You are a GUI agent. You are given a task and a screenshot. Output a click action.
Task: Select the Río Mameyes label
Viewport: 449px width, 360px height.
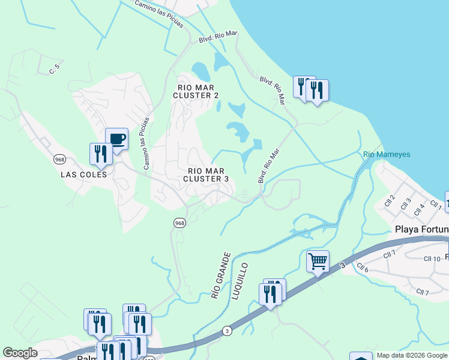point(387,154)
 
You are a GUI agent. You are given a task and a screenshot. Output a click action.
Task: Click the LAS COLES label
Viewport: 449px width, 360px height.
point(83,175)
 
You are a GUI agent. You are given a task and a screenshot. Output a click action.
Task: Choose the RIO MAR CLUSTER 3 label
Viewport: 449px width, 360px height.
point(206,175)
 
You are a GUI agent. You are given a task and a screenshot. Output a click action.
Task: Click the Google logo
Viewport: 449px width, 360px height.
point(20,353)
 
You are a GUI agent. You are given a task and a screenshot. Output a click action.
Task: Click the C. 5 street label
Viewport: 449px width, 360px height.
point(56,70)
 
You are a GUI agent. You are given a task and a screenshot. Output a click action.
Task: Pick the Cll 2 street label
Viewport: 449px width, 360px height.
point(391,201)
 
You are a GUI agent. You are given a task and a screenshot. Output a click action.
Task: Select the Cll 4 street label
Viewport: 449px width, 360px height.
point(419,209)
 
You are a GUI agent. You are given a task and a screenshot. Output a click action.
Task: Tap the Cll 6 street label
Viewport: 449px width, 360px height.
point(362,267)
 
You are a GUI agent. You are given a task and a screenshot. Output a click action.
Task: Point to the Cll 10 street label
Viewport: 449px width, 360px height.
point(432,259)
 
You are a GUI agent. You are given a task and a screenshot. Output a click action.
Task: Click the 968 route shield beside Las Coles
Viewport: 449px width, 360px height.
point(59,160)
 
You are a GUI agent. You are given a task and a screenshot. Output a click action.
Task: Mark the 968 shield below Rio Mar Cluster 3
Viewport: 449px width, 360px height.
point(179,223)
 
